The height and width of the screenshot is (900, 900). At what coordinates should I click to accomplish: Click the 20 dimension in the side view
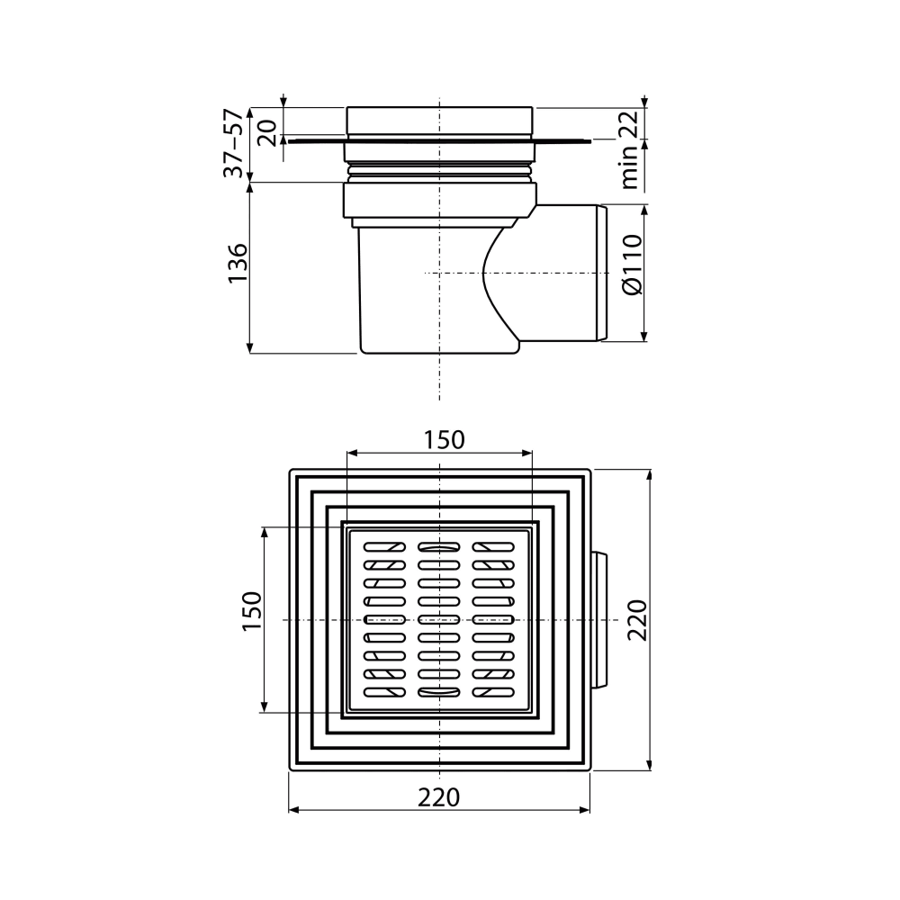point(267,131)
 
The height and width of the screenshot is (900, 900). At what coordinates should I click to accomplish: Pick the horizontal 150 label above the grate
point(445,439)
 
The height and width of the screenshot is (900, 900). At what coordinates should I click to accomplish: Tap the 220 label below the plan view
point(440,796)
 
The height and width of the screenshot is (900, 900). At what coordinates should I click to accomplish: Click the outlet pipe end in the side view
point(600,274)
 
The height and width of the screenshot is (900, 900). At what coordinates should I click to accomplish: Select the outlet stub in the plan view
point(599,621)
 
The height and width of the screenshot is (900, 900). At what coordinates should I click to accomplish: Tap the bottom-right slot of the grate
point(493,693)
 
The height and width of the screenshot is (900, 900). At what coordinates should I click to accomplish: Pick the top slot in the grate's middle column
point(438,546)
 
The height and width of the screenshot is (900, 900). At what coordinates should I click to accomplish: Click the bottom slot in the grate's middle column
point(438,693)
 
